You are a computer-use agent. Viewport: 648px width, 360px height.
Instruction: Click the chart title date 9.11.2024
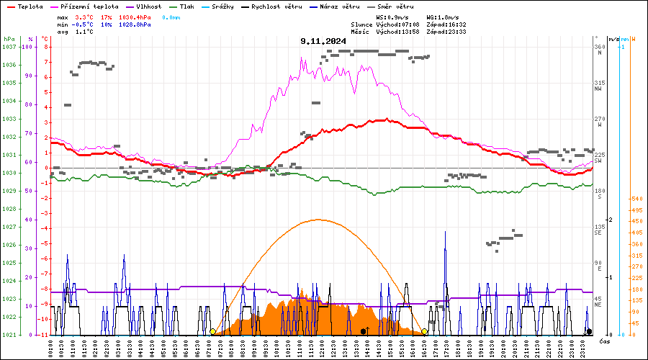point(323,41)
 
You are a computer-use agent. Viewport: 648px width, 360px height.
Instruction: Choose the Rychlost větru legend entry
point(274,6)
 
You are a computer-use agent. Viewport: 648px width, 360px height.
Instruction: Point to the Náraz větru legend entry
point(339,6)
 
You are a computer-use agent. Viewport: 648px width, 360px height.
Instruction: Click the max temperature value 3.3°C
point(85,16)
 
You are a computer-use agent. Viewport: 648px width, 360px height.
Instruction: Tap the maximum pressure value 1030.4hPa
point(135,16)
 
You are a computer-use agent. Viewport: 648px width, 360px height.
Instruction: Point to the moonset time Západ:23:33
point(446,32)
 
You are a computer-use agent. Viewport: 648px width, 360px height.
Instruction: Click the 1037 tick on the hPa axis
point(9,47)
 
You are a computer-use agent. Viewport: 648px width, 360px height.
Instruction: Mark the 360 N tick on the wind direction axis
point(598,50)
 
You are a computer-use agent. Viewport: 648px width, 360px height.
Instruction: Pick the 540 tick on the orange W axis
point(636,198)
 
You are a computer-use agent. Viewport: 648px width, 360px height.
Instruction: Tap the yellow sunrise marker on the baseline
point(212,331)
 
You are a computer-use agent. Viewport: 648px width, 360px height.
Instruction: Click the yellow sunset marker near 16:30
point(425,331)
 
